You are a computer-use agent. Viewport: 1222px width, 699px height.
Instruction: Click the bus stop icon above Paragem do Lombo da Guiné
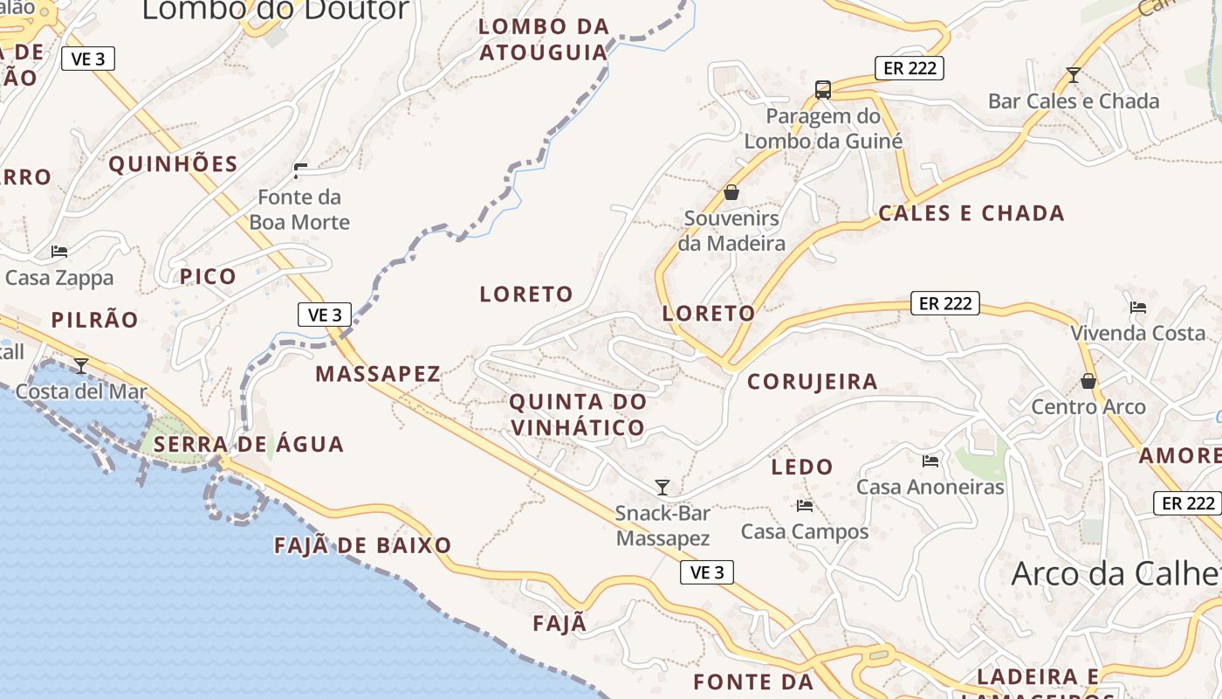pos(822,89)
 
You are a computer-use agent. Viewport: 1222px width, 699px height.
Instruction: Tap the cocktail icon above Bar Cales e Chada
pos(1074,75)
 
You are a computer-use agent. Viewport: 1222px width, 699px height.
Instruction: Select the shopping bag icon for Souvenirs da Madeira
pos(731,192)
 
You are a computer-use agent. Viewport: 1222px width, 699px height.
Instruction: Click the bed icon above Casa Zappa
pos(59,252)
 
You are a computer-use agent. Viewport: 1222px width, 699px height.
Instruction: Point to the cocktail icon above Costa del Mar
pos(81,365)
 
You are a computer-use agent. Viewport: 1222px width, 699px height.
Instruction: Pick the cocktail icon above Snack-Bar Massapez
pos(662,487)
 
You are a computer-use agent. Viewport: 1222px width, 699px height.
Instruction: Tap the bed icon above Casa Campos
pos(804,505)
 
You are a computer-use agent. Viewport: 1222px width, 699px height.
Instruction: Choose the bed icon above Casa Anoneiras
pos(930,460)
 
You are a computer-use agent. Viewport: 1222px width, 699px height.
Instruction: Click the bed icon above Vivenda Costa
pos(1137,307)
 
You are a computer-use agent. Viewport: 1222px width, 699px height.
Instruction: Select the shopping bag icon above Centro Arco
pos(1088,381)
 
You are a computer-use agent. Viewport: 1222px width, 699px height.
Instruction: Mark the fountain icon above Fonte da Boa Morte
pos(300,170)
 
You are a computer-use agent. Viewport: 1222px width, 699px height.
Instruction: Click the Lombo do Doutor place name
pos(275,10)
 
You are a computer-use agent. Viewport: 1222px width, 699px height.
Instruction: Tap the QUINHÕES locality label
pos(173,164)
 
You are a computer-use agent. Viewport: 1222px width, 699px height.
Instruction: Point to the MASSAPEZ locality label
pos(378,374)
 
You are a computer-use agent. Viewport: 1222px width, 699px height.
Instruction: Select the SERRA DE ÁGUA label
pos(249,444)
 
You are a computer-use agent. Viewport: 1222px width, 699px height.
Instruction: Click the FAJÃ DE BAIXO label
pos(363,546)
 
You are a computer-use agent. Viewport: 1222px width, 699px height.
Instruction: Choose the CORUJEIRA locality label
pos(813,382)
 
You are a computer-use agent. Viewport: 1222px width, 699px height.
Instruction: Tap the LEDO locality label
pos(802,467)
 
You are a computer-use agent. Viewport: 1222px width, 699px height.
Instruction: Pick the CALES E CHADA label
pos(971,213)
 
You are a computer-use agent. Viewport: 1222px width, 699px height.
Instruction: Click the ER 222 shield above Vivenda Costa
pos(945,303)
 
